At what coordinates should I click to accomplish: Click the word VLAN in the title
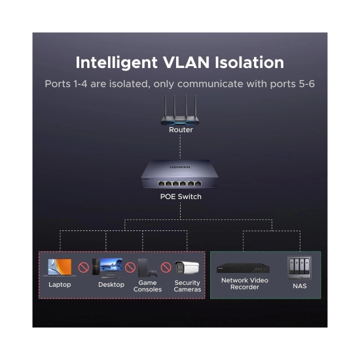click(186, 62)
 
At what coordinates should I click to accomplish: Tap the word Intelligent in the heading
click(117, 63)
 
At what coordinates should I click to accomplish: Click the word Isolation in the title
click(249, 62)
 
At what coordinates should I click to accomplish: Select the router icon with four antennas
click(180, 110)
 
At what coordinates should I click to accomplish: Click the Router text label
click(181, 130)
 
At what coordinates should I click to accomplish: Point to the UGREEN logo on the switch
click(180, 167)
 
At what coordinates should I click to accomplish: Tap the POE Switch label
click(181, 196)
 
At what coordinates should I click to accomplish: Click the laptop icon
click(60, 268)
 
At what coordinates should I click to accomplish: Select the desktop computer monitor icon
click(111, 266)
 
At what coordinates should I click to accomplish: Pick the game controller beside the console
click(153, 273)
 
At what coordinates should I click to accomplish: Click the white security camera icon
click(187, 268)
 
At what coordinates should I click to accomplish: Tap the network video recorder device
click(243, 268)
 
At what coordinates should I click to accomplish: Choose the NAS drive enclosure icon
click(299, 268)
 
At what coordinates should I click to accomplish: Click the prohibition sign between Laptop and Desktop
click(84, 268)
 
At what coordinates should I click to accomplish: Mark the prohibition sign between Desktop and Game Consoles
click(130, 267)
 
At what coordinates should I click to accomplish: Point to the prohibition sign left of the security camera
click(166, 267)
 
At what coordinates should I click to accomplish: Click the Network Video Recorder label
click(245, 283)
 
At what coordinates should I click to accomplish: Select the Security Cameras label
click(187, 286)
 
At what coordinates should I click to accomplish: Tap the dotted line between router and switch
click(180, 147)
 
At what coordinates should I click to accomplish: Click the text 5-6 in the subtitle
click(307, 84)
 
